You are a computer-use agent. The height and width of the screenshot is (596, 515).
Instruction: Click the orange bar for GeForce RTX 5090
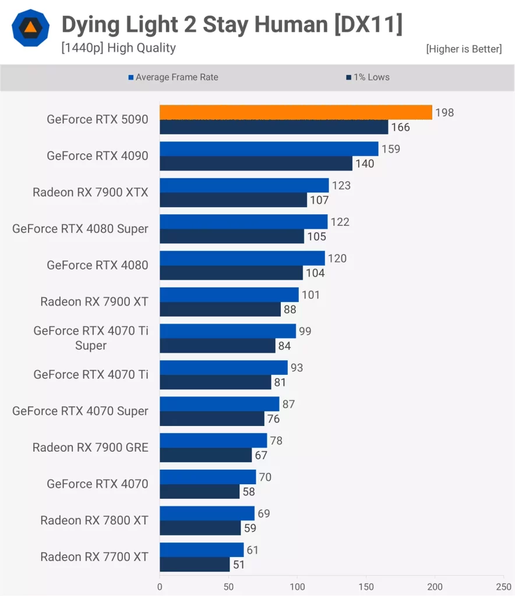(x=296, y=112)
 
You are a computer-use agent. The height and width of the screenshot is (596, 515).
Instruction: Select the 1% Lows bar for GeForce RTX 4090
(x=256, y=164)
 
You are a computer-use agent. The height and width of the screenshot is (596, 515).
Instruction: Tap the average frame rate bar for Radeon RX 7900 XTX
(x=244, y=185)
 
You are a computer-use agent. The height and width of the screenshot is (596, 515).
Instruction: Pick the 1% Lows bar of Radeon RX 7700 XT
(x=195, y=565)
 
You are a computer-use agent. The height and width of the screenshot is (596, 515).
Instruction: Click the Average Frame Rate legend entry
(x=173, y=77)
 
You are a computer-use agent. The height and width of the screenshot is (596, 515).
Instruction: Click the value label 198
(x=445, y=112)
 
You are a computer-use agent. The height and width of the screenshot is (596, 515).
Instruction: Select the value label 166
(x=400, y=127)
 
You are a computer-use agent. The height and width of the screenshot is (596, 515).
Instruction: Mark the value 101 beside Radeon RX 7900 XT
(x=311, y=295)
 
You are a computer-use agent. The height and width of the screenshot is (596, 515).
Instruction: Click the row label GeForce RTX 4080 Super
(x=80, y=229)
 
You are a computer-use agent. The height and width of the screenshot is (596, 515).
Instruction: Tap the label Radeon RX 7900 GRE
(x=90, y=448)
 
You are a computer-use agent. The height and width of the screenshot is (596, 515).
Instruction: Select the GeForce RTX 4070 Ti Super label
(x=91, y=338)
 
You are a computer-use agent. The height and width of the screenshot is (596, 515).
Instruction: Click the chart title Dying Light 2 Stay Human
(x=232, y=25)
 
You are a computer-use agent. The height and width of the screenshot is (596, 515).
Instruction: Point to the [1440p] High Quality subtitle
(x=118, y=48)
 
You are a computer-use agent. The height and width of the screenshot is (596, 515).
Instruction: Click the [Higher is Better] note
(x=464, y=49)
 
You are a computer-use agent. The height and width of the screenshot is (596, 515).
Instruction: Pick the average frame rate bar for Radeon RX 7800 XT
(x=207, y=513)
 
